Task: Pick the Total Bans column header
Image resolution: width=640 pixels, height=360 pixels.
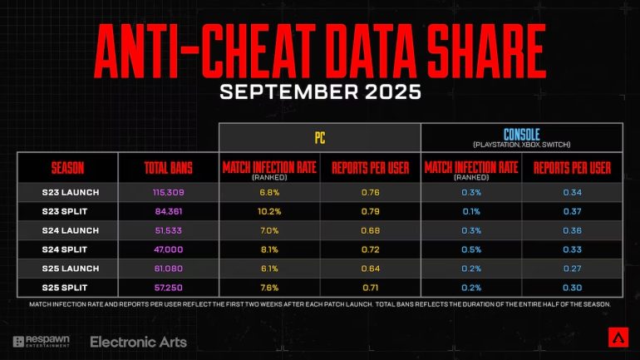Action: coord(169,168)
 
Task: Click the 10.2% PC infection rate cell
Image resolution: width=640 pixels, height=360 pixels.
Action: coord(270,211)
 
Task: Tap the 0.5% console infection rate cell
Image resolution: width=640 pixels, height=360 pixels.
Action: coord(471,249)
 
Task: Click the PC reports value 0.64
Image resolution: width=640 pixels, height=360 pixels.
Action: coord(371,268)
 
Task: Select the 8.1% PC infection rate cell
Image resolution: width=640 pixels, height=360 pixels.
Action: coord(270,249)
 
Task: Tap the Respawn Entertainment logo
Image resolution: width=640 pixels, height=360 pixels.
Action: coord(42,342)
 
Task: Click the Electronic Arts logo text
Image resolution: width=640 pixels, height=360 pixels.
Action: coord(138,342)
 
